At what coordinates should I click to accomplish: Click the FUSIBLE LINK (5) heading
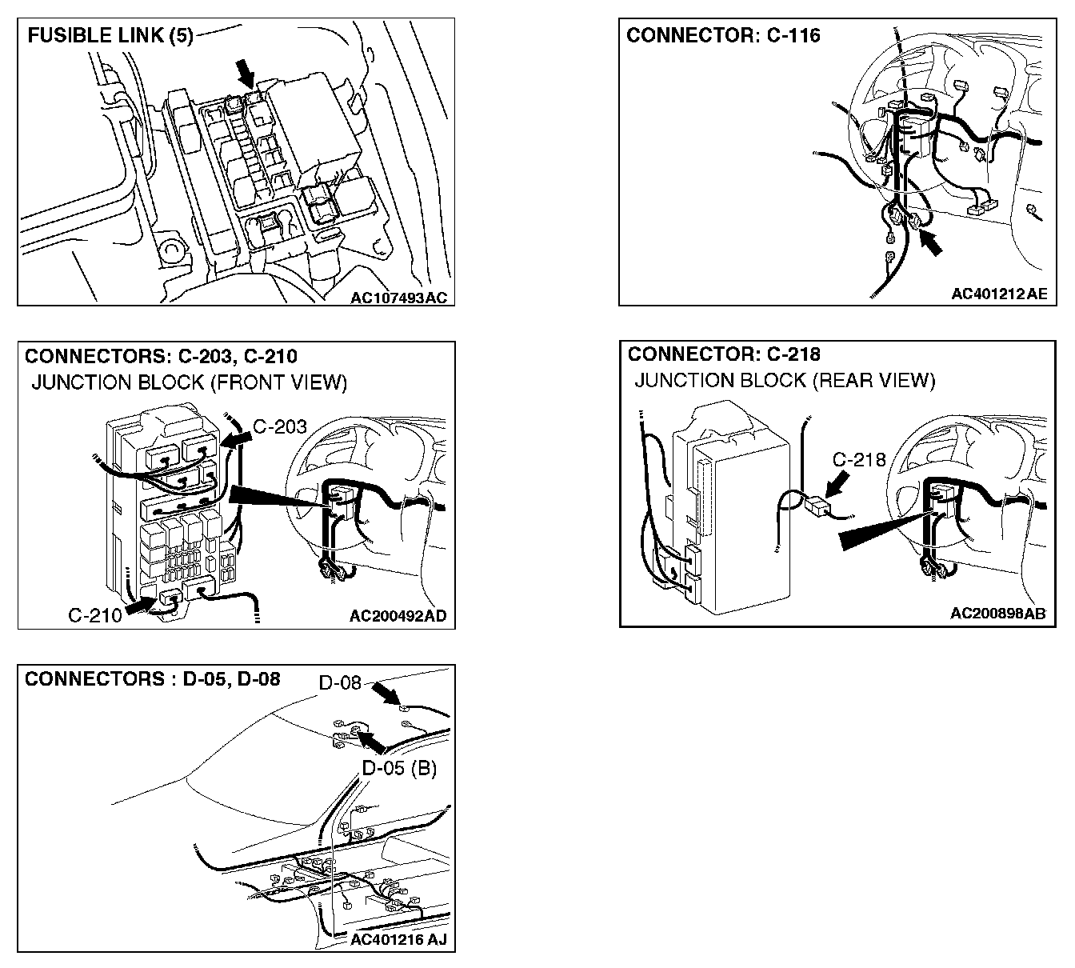(110, 37)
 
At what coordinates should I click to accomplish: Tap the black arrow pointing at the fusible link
(245, 76)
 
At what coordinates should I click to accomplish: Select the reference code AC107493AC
(398, 298)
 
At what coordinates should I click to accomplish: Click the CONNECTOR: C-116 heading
(723, 35)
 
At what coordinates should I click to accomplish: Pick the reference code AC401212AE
(998, 294)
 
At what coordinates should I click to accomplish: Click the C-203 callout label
(279, 426)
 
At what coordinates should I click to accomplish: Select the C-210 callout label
(95, 614)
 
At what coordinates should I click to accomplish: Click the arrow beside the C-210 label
(139, 605)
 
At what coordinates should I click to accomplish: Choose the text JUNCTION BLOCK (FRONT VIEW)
(189, 382)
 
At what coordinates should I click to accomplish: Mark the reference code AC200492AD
(398, 616)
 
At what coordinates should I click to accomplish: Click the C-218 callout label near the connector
(859, 459)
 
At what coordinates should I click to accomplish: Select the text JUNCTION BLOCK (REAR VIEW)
(784, 380)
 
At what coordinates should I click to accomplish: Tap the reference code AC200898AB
(998, 614)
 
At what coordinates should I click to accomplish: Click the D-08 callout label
(340, 683)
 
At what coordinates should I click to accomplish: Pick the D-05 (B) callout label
(398, 768)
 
